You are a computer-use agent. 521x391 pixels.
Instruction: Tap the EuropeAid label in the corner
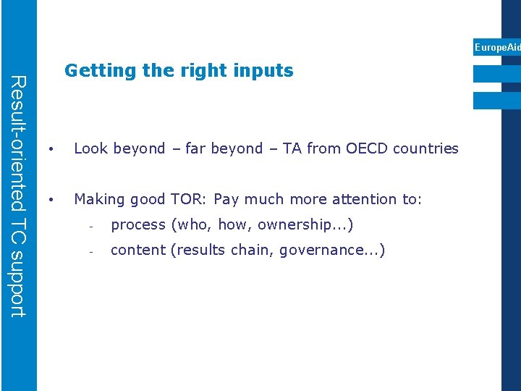[x=497, y=47]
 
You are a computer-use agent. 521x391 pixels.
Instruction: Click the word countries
[x=427, y=148]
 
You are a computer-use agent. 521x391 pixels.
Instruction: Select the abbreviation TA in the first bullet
[x=292, y=148]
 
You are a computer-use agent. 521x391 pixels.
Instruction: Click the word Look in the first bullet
[x=90, y=148]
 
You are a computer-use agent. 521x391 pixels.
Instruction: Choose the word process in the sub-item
[x=137, y=225]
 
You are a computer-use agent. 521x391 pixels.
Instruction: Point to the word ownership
[x=290, y=225]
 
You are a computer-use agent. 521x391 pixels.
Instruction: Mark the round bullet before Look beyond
[x=51, y=149]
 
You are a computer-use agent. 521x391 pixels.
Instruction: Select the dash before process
[x=91, y=226]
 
